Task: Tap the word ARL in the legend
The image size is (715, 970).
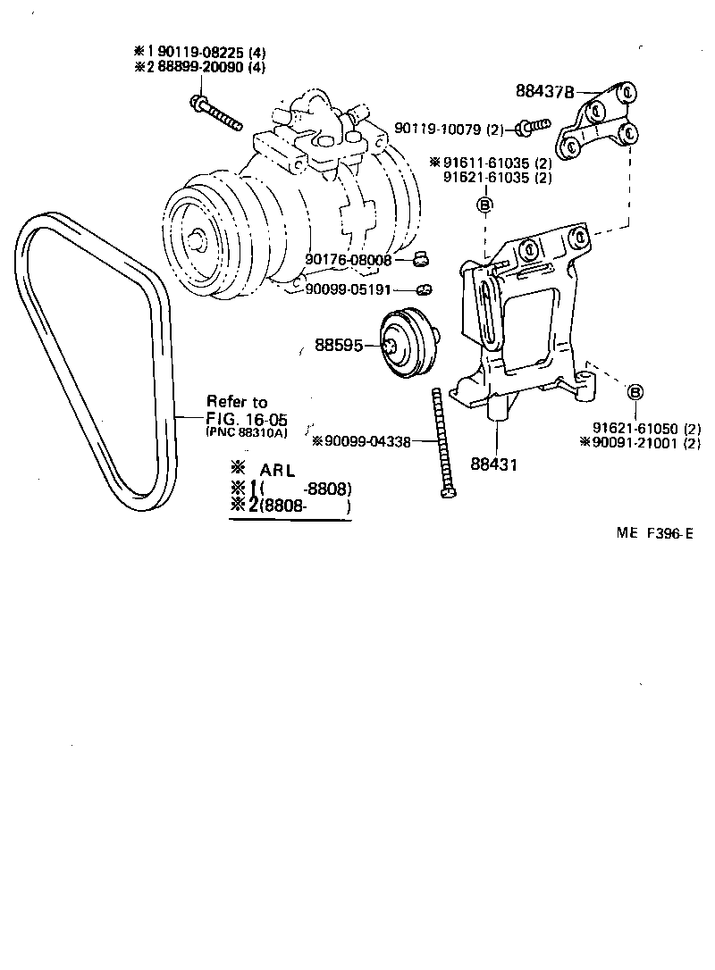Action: coord(279,471)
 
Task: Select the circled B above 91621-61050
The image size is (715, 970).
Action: coord(635,392)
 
